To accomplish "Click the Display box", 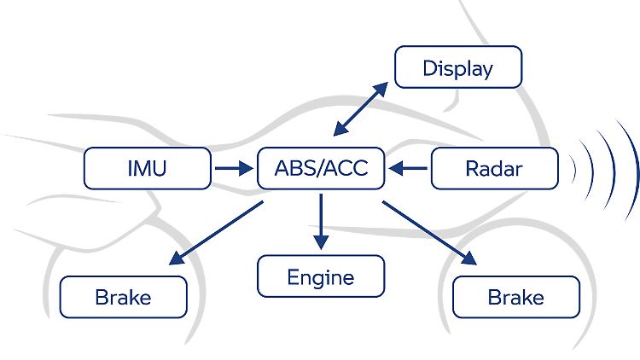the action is coord(458,67).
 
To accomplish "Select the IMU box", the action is coord(148,168).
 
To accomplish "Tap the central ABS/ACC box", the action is coord(321,168).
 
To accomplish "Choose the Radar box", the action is coord(495,168).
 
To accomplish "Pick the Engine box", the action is coord(321,276).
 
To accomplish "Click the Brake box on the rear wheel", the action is coord(123,297).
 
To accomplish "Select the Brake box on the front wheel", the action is coord(516,297).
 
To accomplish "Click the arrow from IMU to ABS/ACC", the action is coord(234,168).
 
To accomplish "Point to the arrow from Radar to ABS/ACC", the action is coord(408,168).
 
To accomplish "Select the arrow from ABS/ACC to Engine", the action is coord(321,222).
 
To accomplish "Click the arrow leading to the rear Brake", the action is coord(216,233).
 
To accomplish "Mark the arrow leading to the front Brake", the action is coord(429,233).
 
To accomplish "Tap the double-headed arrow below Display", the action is coord(361,108).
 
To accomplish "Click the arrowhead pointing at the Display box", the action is coord(381,89).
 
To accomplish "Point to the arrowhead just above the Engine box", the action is coord(321,242).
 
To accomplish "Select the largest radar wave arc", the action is coord(635,171).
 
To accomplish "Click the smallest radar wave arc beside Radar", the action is coord(574,170).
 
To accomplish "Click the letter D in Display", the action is coord(429,68).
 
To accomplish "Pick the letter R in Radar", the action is coord(472,169).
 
